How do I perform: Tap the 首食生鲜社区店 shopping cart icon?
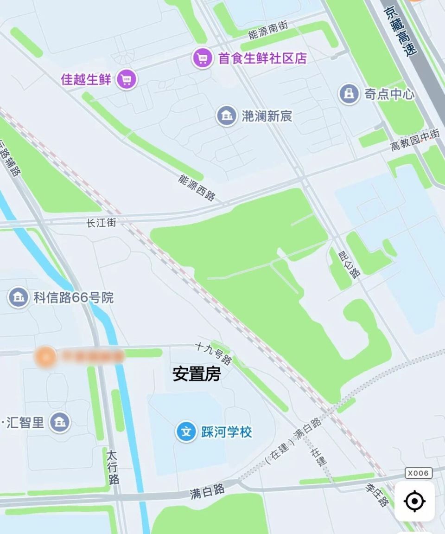click(x=202, y=58)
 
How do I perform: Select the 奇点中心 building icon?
click(x=349, y=94)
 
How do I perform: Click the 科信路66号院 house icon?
click(x=18, y=297)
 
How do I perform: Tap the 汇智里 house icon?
click(x=60, y=422)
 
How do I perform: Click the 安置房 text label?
click(x=197, y=374)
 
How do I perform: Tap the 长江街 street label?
click(x=101, y=223)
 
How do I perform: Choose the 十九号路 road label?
click(x=214, y=353)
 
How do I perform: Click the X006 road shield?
click(x=419, y=473)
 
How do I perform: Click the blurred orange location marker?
click(x=46, y=356)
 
